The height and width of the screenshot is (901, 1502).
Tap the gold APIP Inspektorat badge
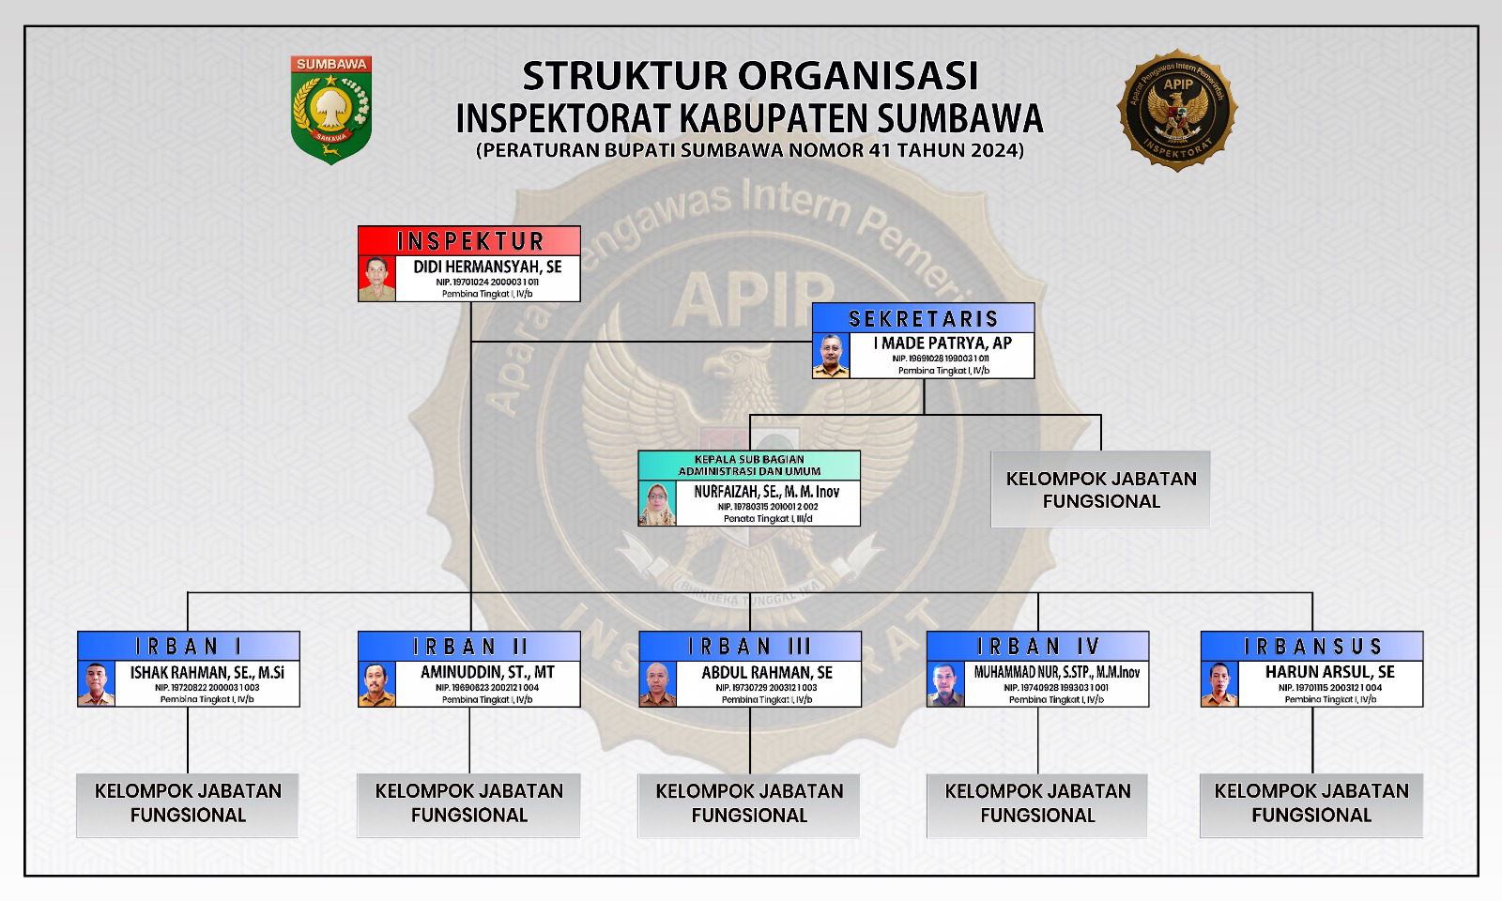click(x=1177, y=111)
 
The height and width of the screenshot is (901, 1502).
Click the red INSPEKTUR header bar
click(x=469, y=240)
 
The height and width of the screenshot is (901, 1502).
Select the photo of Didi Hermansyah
click(x=377, y=279)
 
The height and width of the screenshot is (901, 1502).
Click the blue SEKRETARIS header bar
click(x=924, y=318)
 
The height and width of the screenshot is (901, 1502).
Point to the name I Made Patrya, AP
click(x=943, y=344)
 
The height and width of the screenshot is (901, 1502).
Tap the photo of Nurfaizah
click(x=657, y=504)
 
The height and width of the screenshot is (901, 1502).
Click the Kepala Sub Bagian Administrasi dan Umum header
click(x=749, y=466)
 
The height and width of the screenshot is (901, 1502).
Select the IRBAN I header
click(x=189, y=646)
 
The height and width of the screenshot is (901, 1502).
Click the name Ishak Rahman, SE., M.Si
click(x=207, y=672)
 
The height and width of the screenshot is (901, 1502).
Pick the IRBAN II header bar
click(x=469, y=646)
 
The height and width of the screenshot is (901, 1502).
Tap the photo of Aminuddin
click(x=377, y=684)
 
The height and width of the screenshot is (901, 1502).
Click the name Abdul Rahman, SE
click(x=767, y=672)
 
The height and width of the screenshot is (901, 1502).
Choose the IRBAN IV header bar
click(x=1037, y=646)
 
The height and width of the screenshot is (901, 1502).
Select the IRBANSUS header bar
click(x=1312, y=646)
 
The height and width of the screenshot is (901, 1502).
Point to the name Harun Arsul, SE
click(x=1329, y=672)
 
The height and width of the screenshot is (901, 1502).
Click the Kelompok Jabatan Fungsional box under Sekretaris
click(x=1100, y=489)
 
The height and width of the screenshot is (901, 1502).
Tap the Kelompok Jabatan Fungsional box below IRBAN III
click(x=749, y=803)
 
